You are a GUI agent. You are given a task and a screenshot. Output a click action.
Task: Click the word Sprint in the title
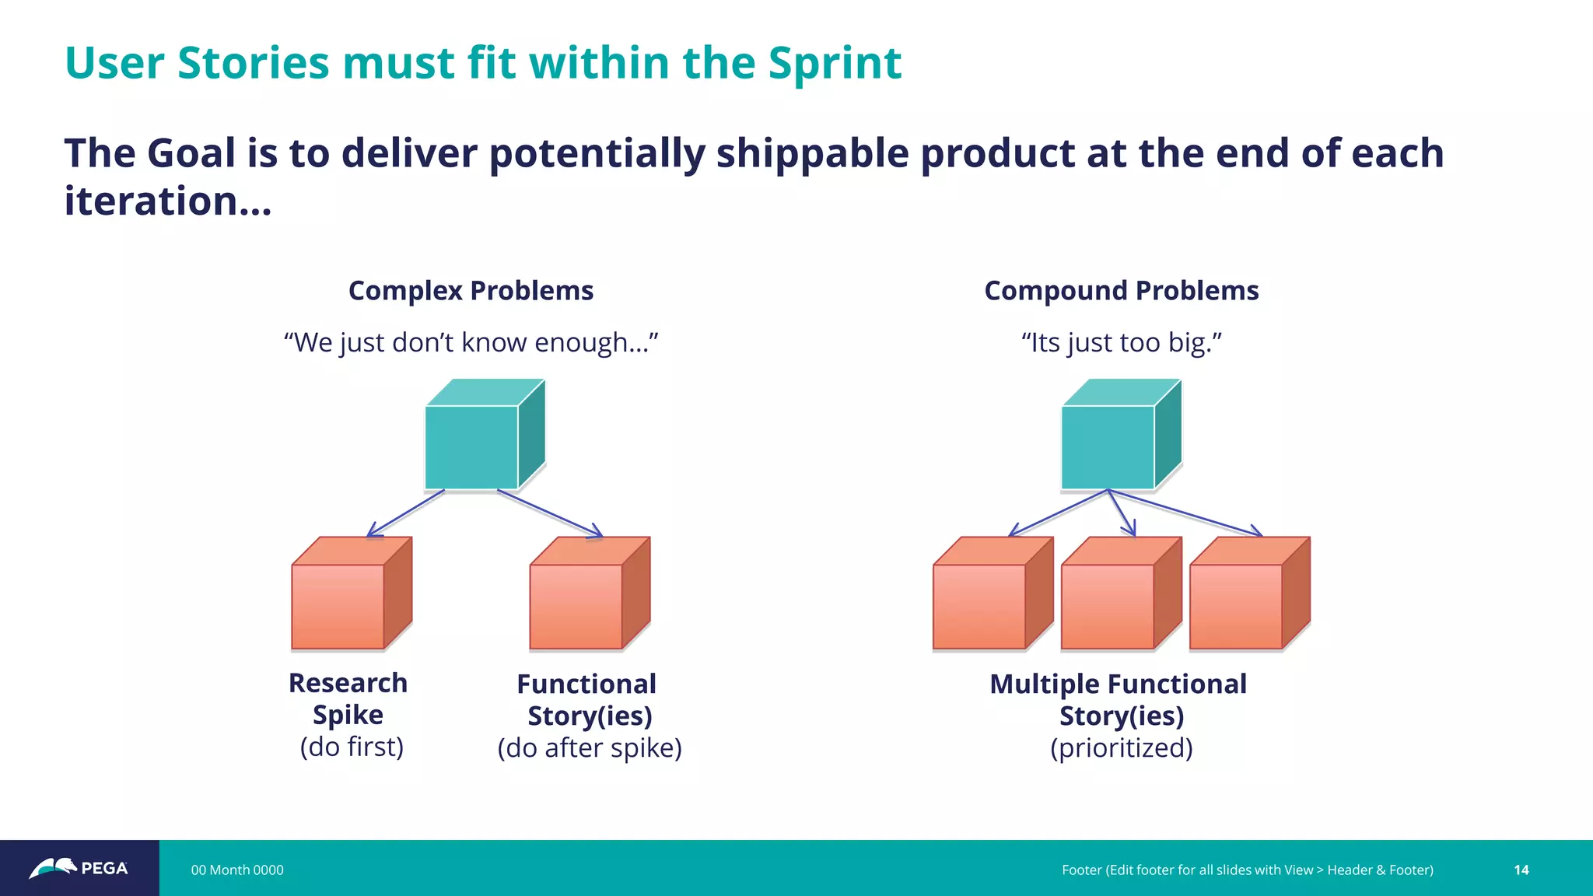[x=834, y=64]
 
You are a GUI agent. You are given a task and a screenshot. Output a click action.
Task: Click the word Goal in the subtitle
[x=191, y=153]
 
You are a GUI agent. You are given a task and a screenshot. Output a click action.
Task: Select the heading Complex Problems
[x=471, y=291]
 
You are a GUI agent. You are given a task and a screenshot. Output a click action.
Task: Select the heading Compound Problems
[x=1121, y=291]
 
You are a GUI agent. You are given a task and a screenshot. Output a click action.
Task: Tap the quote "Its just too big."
[x=1121, y=342]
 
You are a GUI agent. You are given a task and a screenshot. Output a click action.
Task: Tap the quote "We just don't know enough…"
[x=471, y=342]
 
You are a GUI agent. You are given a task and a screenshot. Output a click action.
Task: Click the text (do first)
[x=352, y=747]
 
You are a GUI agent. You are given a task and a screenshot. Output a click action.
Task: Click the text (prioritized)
[x=1121, y=748]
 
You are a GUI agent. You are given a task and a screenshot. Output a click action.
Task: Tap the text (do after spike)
[x=590, y=748]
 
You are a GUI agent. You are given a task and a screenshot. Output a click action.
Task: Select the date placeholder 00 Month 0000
[x=237, y=870]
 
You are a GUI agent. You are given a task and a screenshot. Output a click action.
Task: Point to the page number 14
[x=1521, y=870]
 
